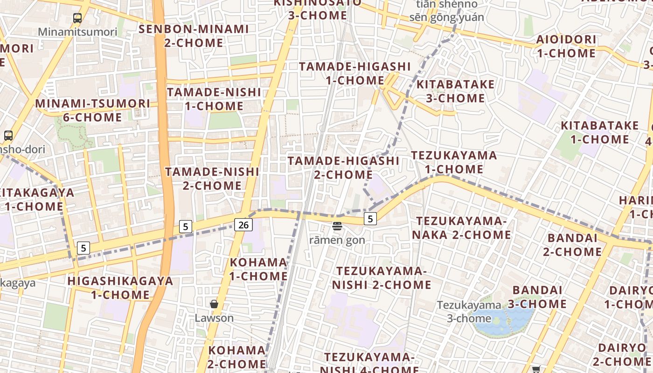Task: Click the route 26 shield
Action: pyautogui.click(x=243, y=225)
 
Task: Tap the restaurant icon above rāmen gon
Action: pyautogui.click(x=337, y=226)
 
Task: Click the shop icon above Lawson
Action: pyautogui.click(x=214, y=304)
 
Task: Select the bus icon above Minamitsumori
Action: pyautogui.click(x=77, y=18)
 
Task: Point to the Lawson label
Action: pyautogui.click(x=214, y=318)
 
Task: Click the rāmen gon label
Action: pyautogui.click(x=337, y=240)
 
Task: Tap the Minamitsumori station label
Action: pyautogui.click(x=77, y=32)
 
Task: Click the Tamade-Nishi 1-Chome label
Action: pyautogui.click(x=214, y=99)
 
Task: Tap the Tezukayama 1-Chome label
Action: pyautogui.click(x=454, y=162)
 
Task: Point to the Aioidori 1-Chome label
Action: pyautogui.click(x=566, y=46)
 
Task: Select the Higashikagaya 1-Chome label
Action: pyautogui.click(x=120, y=288)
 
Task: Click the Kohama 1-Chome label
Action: pyautogui.click(x=258, y=269)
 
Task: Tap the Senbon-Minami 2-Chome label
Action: pyautogui.click(x=194, y=36)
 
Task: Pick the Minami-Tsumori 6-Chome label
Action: pyautogui.click(x=93, y=110)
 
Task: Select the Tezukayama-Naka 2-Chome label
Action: pyautogui.click(x=461, y=228)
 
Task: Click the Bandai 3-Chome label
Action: pyautogui.click(x=537, y=297)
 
